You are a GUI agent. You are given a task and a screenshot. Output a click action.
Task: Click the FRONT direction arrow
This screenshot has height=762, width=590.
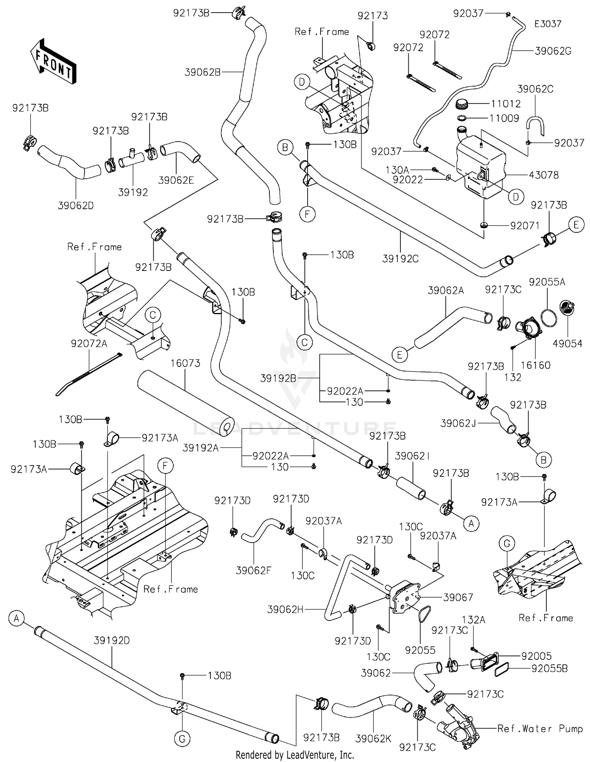pyautogui.click(x=53, y=61)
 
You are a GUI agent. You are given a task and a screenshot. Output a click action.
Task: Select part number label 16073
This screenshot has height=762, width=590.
pyautogui.click(x=185, y=363)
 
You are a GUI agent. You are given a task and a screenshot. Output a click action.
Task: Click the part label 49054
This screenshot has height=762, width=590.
pyautogui.click(x=567, y=344)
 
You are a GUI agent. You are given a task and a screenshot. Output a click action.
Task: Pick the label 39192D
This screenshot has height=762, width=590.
pyautogui.click(x=112, y=640)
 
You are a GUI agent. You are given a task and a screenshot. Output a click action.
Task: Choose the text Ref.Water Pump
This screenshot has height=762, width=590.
pyautogui.click(x=540, y=729)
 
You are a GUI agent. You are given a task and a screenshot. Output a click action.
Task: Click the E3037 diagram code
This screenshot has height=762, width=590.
pyautogui.click(x=548, y=24)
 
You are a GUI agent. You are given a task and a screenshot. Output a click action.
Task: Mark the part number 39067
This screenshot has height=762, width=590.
pyautogui.click(x=458, y=597)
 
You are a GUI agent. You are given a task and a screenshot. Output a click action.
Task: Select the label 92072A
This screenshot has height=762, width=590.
pyautogui.click(x=89, y=343)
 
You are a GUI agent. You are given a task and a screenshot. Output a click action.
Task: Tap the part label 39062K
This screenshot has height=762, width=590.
pyautogui.click(x=373, y=739)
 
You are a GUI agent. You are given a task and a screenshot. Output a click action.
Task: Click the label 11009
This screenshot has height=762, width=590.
pyautogui.click(x=504, y=118)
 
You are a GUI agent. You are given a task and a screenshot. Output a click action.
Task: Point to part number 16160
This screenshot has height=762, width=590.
pyautogui.click(x=535, y=365)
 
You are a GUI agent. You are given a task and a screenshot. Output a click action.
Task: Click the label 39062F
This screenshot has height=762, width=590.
pyautogui.click(x=254, y=570)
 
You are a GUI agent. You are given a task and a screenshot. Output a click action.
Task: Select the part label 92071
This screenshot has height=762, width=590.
pyautogui.click(x=525, y=226)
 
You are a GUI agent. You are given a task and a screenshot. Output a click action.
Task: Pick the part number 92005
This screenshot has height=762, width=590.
pyautogui.click(x=537, y=656)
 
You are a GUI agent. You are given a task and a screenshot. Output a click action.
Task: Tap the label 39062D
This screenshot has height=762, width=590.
pyautogui.click(x=76, y=205)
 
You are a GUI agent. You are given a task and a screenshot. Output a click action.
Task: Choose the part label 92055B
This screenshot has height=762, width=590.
pyautogui.click(x=549, y=668)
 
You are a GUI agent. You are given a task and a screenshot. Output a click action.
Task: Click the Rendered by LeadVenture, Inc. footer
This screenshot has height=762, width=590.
pyautogui.click(x=295, y=755)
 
